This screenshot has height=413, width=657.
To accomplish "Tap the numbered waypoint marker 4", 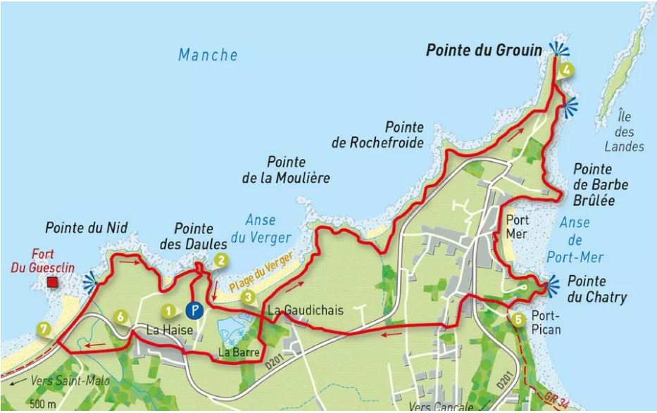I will (x=568, y=69).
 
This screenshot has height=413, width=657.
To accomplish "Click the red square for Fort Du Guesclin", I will (x=52, y=283).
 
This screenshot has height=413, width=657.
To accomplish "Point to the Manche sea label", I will (x=208, y=55).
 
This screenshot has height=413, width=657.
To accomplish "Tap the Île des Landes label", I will (x=624, y=131).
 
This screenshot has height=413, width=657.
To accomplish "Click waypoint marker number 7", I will (x=44, y=329).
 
